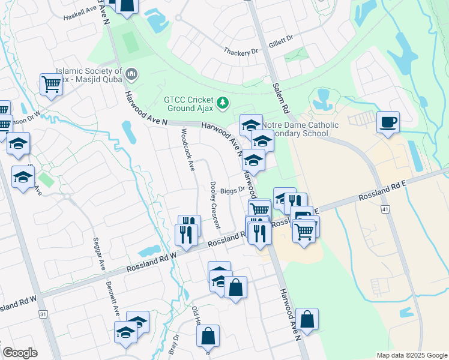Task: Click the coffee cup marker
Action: (387, 122)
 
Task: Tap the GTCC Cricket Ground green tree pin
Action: (223, 104)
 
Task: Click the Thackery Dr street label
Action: (240, 53)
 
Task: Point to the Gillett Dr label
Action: (281, 38)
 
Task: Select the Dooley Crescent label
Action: (214, 205)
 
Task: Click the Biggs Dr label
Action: (232, 190)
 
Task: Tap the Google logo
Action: (20, 353)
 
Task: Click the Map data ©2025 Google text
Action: (411, 355)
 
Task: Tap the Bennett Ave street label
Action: (113, 299)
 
